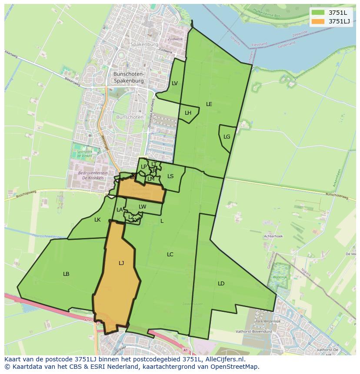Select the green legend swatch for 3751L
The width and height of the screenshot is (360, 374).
pyautogui.click(x=318, y=12)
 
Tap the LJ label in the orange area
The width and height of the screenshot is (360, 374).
pyautogui.click(x=121, y=263)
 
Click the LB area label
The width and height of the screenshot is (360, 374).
pyautogui.click(x=66, y=274)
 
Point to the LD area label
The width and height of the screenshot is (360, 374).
pyautogui.click(x=221, y=283)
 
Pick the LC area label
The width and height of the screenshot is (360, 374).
pyautogui.click(x=170, y=254)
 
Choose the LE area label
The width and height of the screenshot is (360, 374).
pyautogui.click(x=209, y=104)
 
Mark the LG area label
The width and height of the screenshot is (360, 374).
pyautogui.click(x=227, y=136)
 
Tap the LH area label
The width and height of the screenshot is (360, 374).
pyautogui.click(x=188, y=113)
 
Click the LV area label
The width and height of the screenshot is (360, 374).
pyautogui.click(x=174, y=83)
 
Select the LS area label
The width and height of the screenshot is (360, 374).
pyautogui.click(x=170, y=176)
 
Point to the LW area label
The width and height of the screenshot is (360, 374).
pyautogui.click(x=142, y=206)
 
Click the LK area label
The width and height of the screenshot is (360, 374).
pyautogui.click(x=97, y=219)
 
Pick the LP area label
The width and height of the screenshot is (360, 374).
pyautogui.click(x=143, y=166)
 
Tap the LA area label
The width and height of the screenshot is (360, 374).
pyautogui.click(x=120, y=210)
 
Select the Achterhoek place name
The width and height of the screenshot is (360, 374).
pyautogui.click(x=273, y=236)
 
